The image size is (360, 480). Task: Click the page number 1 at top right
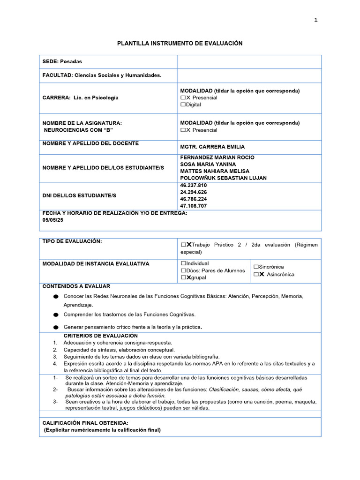[x=316, y=20]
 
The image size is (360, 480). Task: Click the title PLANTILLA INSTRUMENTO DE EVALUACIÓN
[x=180, y=43]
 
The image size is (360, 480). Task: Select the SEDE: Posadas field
[x=62, y=61]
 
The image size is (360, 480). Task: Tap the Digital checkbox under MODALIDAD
[x=183, y=105]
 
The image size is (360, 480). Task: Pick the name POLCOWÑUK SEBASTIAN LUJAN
[x=223, y=178]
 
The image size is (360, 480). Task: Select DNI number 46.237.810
[x=193, y=185]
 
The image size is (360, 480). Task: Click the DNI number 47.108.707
[x=193, y=206]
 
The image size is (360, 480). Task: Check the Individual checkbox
[x=183, y=263]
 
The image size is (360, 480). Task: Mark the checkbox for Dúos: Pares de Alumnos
[x=183, y=270]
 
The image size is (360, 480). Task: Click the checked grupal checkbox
[x=183, y=277]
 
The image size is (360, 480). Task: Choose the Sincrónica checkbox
[x=256, y=267]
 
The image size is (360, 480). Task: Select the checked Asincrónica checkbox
[x=256, y=274]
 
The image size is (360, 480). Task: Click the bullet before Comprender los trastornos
[x=56, y=315]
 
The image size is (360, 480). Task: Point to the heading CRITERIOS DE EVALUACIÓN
[x=100, y=336]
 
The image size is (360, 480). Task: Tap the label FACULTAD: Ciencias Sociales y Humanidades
[x=102, y=75]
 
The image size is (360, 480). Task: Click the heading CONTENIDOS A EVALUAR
[x=76, y=286]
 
